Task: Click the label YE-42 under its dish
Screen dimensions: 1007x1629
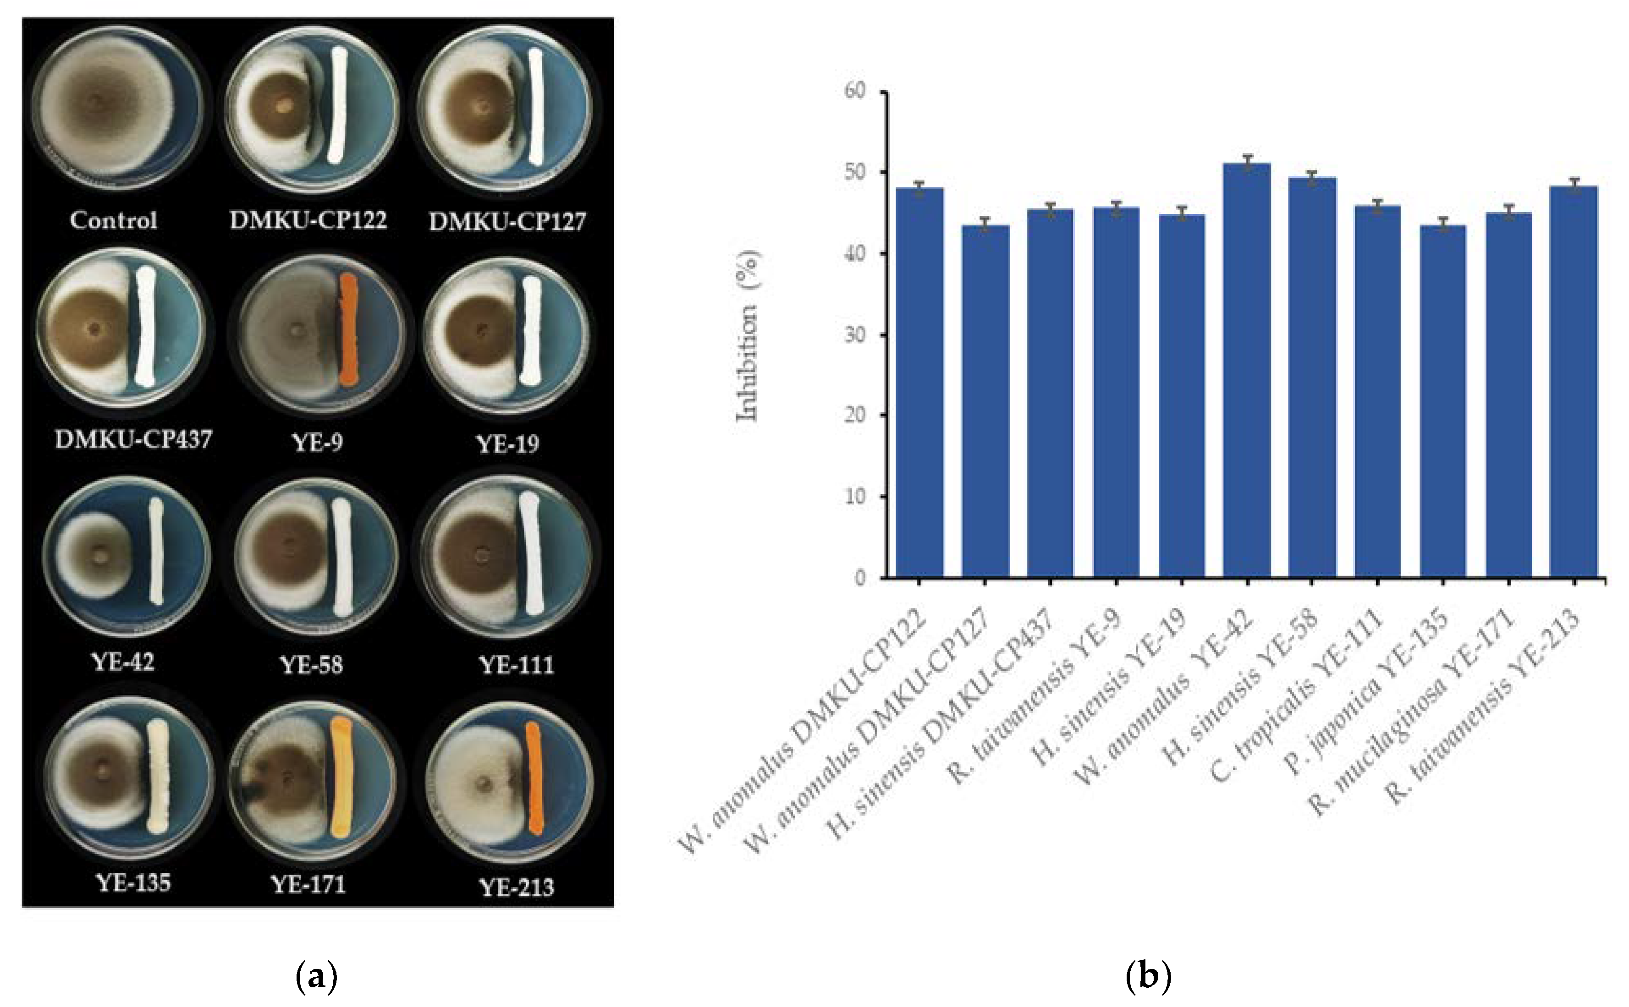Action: pos(122,662)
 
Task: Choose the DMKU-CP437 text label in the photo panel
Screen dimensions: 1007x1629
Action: pos(133,439)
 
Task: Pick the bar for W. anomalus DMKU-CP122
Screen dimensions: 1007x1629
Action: pos(919,383)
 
